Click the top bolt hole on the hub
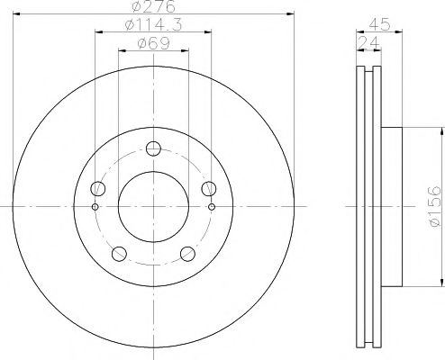coord(153,149)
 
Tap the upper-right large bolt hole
coord(208,188)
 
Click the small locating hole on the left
coord(95,206)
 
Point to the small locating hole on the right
coord(212,206)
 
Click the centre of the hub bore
coord(153,206)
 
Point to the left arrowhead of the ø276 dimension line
coord(15,13)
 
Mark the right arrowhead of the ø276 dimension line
coord(291,13)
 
